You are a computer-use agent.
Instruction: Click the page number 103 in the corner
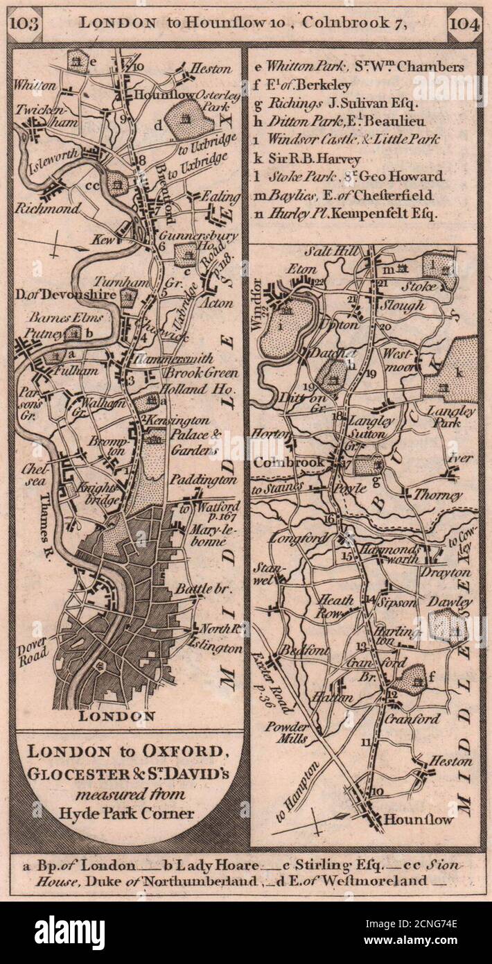tap(25, 21)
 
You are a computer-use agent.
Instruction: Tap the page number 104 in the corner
tap(462, 21)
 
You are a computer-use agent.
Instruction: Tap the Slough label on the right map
tap(404, 305)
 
